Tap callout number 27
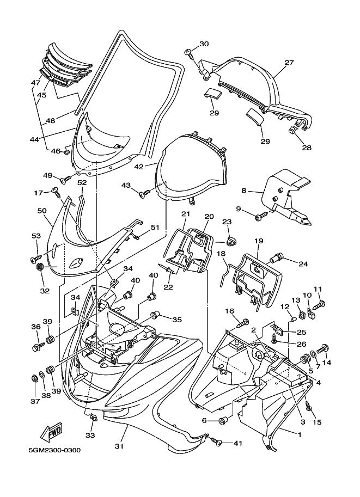[289, 63]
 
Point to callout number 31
[119, 446]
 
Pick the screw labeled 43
[145, 193]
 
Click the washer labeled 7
[313, 354]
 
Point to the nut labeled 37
[34, 379]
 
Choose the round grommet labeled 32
[40, 267]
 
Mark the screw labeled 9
[261, 215]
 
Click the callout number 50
[42, 211]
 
